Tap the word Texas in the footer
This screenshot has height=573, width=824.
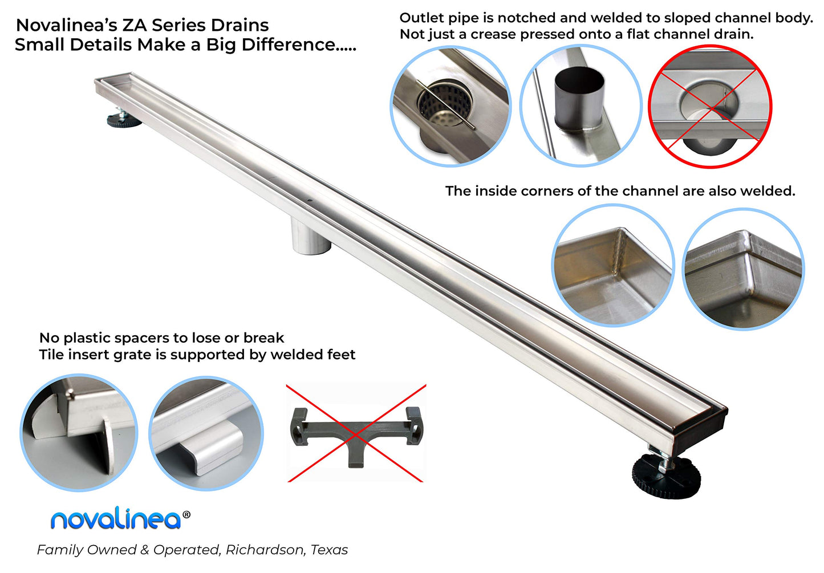click(x=329, y=550)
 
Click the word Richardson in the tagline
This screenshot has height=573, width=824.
click(x=267, y=550)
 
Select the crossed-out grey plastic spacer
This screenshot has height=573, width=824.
click(x=356, y=436)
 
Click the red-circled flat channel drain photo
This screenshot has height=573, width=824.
click(x=709, y=107)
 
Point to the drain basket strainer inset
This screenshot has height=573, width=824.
click(x=450, y=106)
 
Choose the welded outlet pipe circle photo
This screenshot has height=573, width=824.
click(x=581, y=106)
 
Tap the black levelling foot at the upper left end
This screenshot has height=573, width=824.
click(x=124, y=119)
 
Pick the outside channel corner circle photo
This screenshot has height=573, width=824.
click(x=743, y=269)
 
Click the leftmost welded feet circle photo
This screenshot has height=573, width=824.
click(x=79, y=433)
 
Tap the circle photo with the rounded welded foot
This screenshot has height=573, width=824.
click(x=206, y=434)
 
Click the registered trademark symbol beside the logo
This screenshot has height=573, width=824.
click(x=186, y=514)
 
